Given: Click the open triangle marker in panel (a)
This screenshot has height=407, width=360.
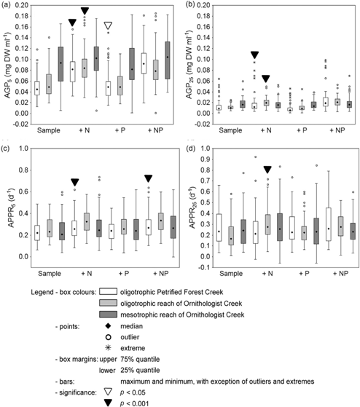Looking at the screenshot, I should (109, 26).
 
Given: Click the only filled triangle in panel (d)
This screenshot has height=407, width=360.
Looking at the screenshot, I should (267, 169).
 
